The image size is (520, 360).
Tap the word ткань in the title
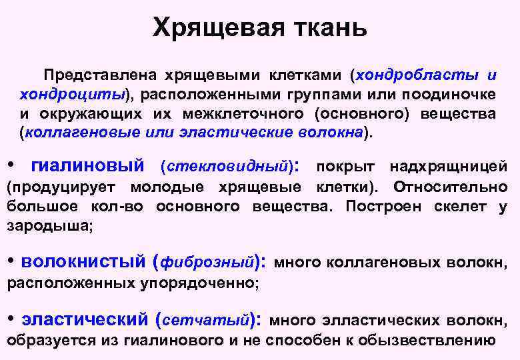(328, 27)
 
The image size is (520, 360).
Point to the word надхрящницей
(448, 165)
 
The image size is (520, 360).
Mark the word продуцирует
(62, 187)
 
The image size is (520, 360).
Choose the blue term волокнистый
(83, 261)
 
